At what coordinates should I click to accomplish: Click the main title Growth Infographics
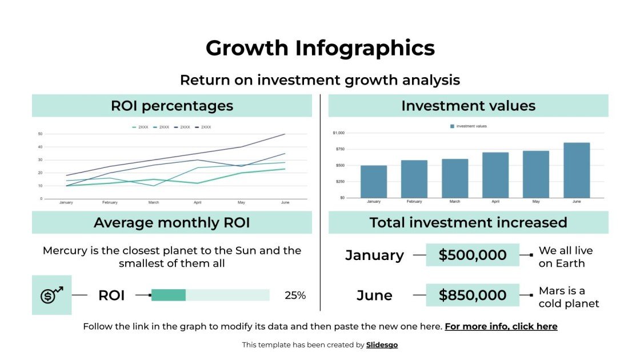320,48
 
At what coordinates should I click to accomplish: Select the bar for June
577,170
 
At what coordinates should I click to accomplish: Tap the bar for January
374,182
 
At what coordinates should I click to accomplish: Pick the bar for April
495,175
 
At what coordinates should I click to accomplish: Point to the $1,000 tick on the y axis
339,133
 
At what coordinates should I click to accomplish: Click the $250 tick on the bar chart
339,182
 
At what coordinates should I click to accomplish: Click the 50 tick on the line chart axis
40,134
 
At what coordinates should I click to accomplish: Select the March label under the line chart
154,202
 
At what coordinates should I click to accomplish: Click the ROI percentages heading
172,106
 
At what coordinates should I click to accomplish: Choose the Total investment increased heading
468,222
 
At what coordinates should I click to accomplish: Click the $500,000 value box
473,255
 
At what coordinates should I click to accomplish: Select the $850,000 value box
473,295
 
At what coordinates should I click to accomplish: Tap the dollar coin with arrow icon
51,295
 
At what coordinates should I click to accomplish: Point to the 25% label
295,295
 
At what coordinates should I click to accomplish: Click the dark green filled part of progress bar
169,295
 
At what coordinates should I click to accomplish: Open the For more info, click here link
501,327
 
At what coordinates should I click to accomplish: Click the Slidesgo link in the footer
382,345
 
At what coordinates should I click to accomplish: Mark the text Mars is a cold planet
569,297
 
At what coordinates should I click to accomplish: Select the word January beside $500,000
374,255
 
